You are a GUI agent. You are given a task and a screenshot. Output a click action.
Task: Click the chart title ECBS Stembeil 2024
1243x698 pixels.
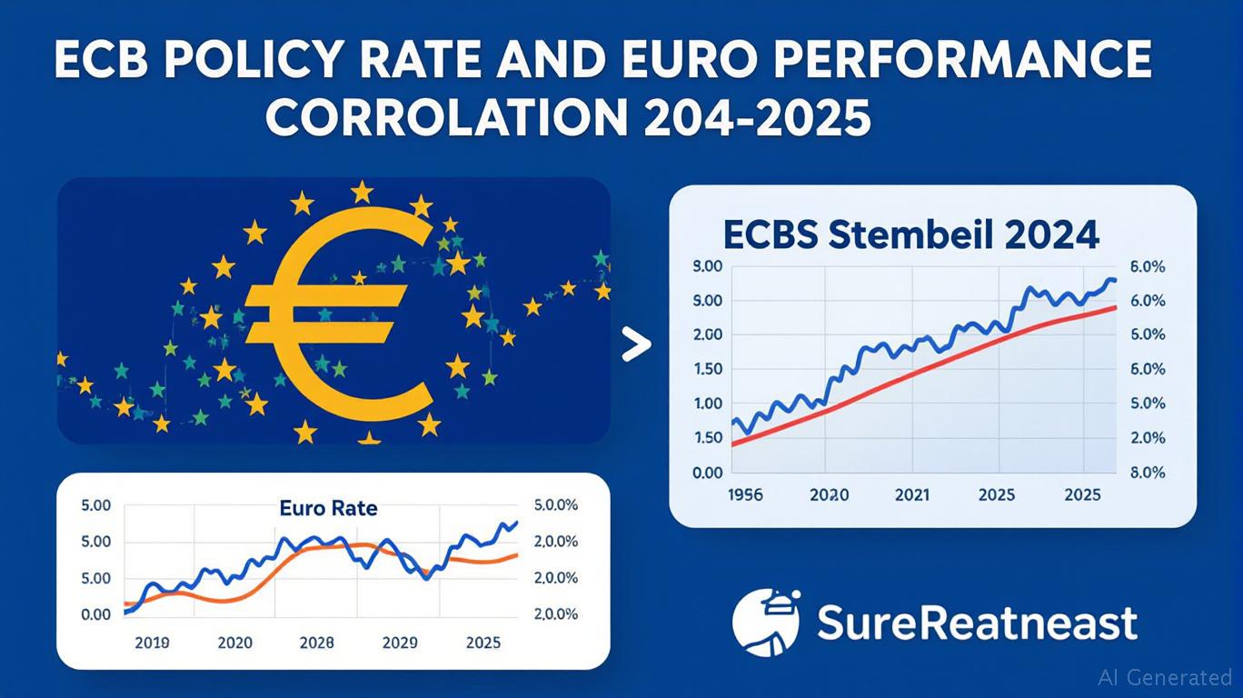pos(911,234)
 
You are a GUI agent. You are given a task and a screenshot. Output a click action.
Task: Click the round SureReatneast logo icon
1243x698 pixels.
pos(766,622)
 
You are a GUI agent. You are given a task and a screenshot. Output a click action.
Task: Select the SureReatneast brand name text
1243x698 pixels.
pos(977,623)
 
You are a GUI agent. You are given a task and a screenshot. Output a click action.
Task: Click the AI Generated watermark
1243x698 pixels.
pos(1165,677)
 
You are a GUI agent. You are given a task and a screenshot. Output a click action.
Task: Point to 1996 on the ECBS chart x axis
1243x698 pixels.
pos(746,496)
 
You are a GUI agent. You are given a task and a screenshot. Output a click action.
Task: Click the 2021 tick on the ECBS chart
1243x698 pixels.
pos(912,496)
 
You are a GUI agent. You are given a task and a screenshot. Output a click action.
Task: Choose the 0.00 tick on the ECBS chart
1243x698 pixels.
pos(708,473)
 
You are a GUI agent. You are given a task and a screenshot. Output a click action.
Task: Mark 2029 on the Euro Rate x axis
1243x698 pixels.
pos(400,643)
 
